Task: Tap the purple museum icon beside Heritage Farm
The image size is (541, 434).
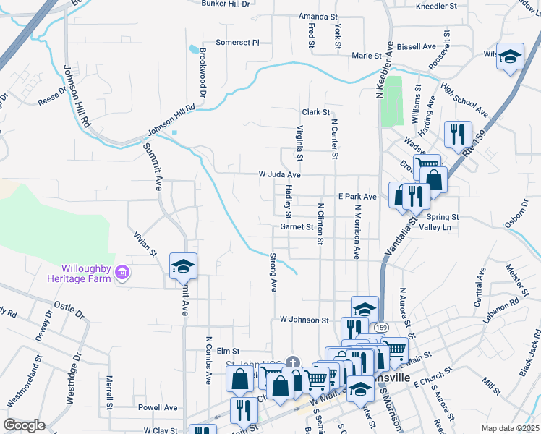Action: click(x=122, y=273)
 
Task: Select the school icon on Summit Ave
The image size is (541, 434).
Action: click(x=184, y=266)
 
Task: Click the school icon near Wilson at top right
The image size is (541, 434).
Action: click(x=510, y=56)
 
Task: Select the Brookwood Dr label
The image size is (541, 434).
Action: click(x=203, y=75)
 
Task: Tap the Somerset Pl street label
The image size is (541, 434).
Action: click(x=237, y=43)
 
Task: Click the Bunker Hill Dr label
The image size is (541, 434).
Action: click(x=225, y=4)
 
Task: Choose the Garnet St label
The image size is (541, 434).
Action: click(x=296, y=226)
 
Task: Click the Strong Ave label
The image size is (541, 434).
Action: click(x=273, y=272)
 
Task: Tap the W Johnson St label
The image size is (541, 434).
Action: click(x=304, y=320)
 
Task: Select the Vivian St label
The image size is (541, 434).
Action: click(x=145, y=244)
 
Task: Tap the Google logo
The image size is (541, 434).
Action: click(x=24, y=425)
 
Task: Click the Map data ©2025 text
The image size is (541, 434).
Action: click(x=511, y=428)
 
